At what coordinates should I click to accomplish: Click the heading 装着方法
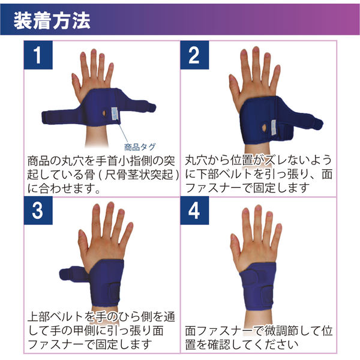pyautogui.click(x=52, y=20)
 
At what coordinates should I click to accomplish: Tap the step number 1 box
pyautogui.click(x=38, y=55)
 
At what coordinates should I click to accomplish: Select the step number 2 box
pyautogui.click(x=194, y=55)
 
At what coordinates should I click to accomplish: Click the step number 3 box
pyautogui.click(x=38, y=211)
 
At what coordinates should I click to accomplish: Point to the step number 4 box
pyautogui.click(x=194, y=211)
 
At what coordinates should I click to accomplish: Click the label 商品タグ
pyautogui.click(x=140, y=147)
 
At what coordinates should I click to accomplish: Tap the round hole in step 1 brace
pyautogui.click(x=104, y=113)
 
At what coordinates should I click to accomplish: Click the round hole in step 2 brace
pyautogui.click(x=265, y=127)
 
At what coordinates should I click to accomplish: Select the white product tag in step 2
pyautogui.click(x=274, y=127)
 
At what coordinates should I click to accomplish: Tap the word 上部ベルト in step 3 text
pyautogui.click(x=55, y=317)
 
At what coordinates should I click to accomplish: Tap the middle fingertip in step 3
pyautogui.click(x=111, y=205)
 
